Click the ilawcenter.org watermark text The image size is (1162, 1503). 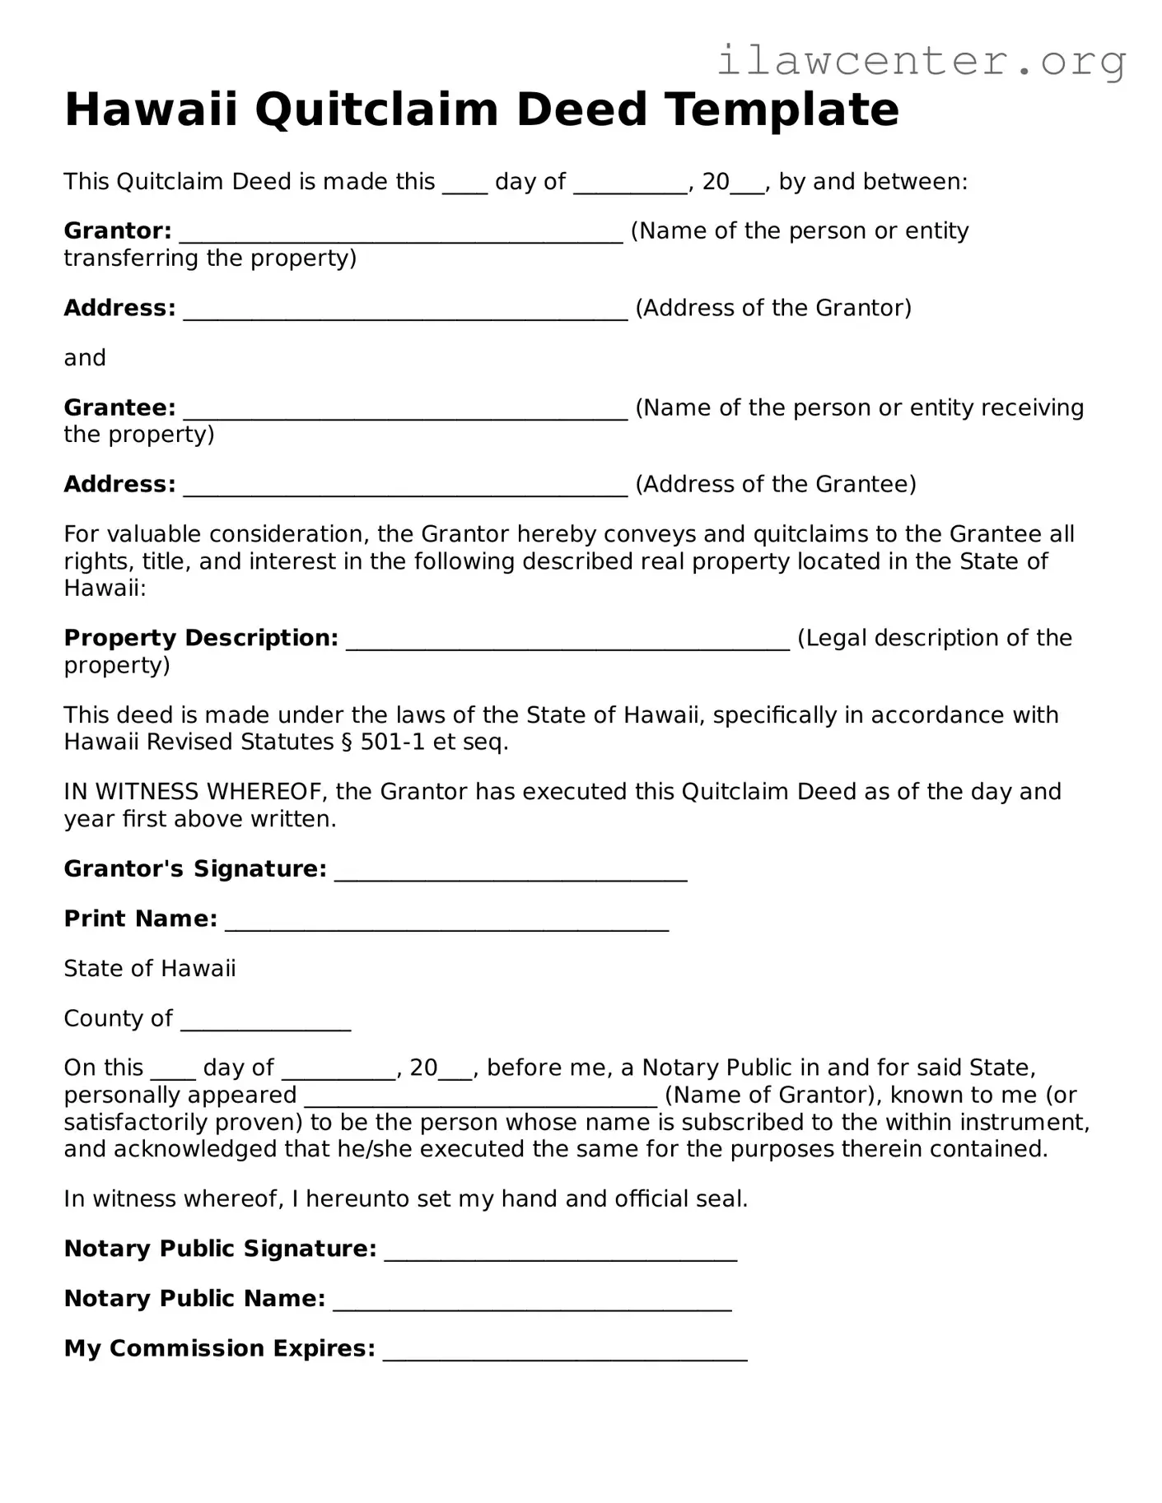point(921,60)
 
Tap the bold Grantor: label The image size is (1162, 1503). point(118,231)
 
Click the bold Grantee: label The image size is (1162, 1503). point(119,407)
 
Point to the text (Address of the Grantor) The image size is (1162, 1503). point(773,308)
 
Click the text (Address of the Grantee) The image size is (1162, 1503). point(775,484)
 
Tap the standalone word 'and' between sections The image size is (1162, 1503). point(85,358)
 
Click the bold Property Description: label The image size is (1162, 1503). point(201,638)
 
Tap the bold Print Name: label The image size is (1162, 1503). point(140,919)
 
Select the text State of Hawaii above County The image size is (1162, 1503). point(150,969)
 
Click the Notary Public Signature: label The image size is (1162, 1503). point(220,1249)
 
